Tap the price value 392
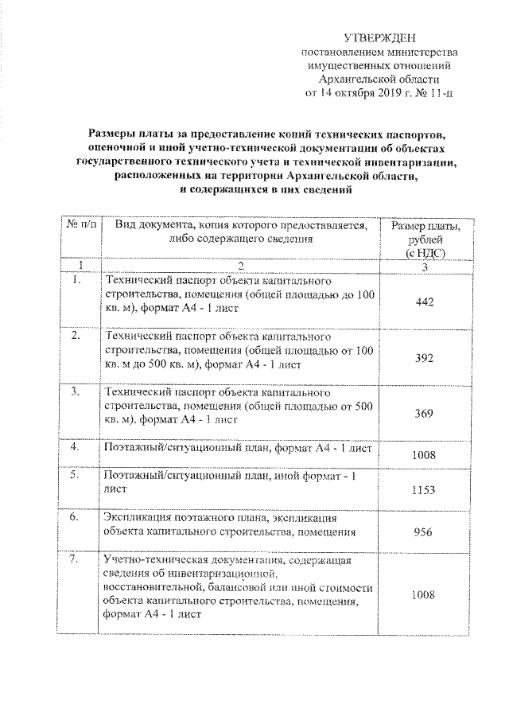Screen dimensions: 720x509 [x=424, y=358]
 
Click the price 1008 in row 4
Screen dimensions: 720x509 [x=424, y=455]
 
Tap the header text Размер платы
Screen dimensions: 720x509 [x=425, y=227]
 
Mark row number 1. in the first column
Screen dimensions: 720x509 [x=75, y=280]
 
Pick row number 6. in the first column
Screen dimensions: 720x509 [x=74, y=518]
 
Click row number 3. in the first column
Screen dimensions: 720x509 [x=75, y=392]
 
